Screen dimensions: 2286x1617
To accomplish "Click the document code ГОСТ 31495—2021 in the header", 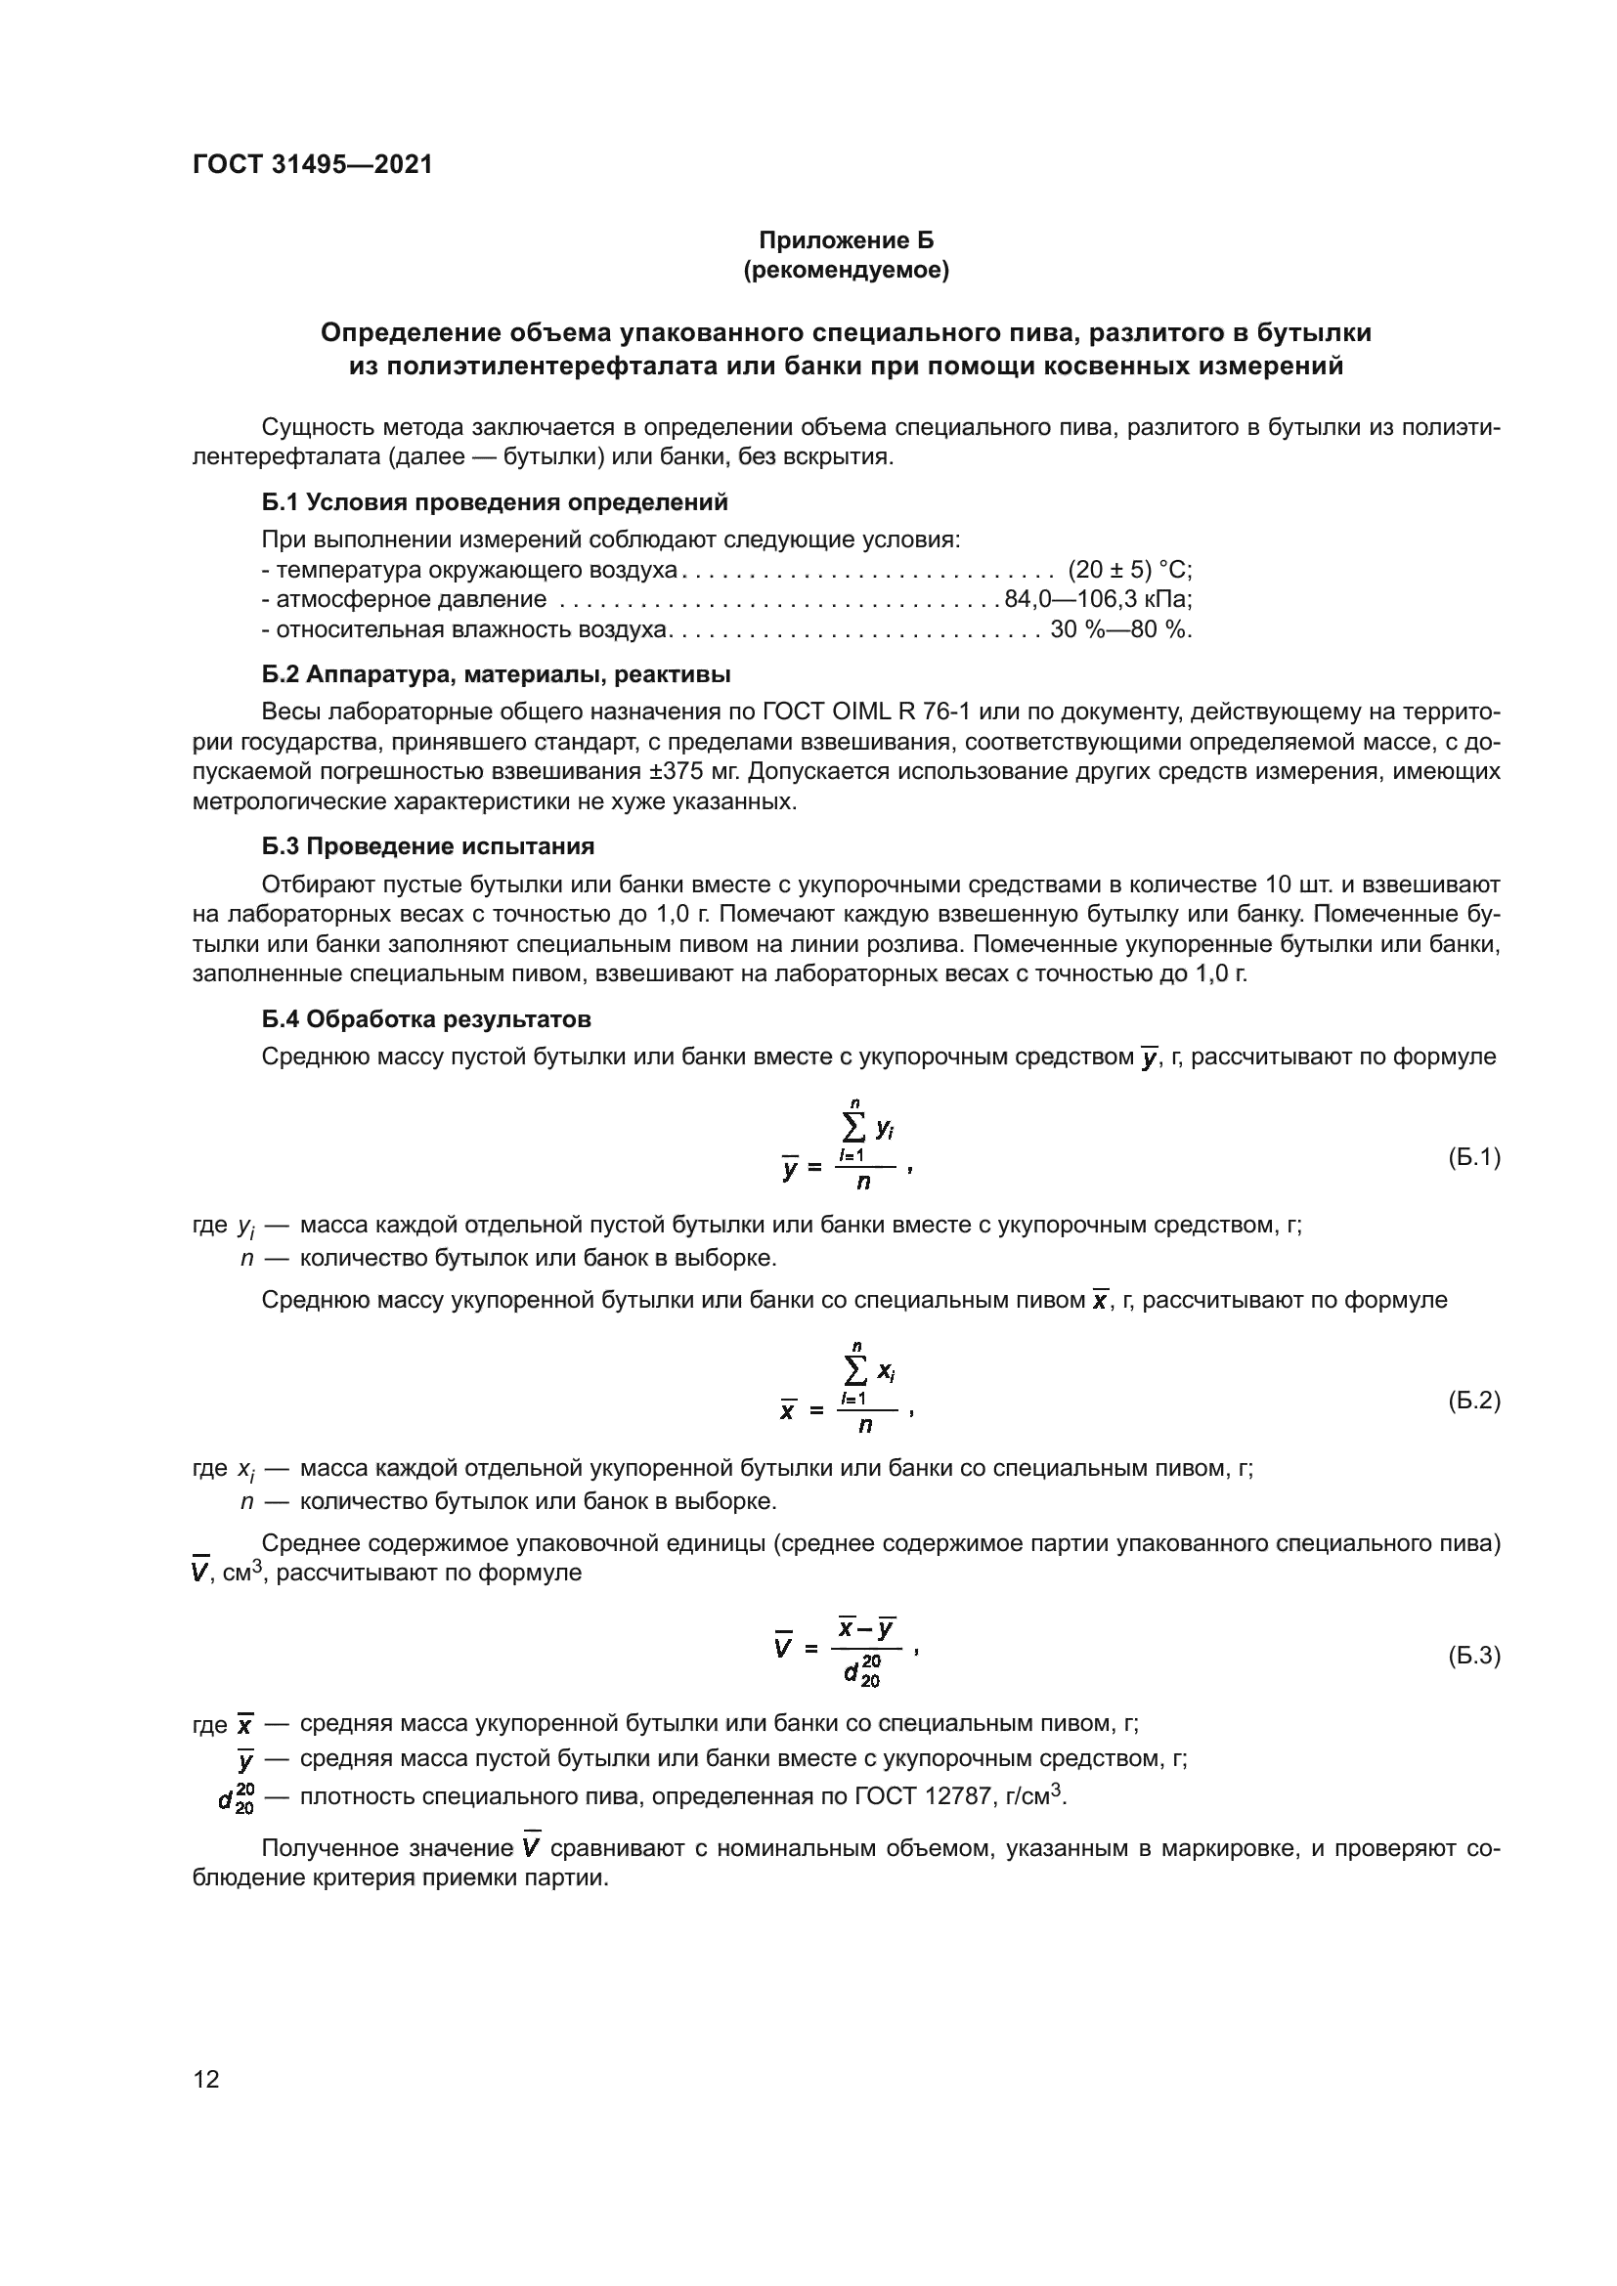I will pyautogui.click(x=313, y=164).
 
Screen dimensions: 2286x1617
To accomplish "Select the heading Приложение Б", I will pyautogui.click(x=846, y=240).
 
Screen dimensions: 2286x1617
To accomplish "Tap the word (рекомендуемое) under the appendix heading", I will pyautogui.click(x=846, y=270).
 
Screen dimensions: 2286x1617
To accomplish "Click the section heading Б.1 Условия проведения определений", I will pyautogui.click(x=495, y=501).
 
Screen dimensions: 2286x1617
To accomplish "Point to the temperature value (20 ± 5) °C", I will pyautogui.click(x=1129, y=570).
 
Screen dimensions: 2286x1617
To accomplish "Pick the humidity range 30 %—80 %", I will pyautogui.click(x=1120, y=629).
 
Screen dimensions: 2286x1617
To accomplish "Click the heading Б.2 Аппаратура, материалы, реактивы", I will pyautogui.click(x=496, y=674).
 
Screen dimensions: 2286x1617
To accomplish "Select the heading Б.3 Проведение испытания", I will pyautogui.click(x=428, y=846).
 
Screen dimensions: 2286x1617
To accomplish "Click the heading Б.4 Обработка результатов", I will pyautogui.click(x=426, y=1019).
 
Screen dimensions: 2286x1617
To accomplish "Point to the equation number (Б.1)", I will pyautogui.click(x=1472, y=1157).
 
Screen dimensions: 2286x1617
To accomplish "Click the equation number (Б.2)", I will pyautogui.click(x=1472, y=1401).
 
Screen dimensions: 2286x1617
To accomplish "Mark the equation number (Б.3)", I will pyautogui.click(x=1472, y=1656).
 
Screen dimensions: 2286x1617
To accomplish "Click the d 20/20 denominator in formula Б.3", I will pyautogui.click(x=862, y=1673).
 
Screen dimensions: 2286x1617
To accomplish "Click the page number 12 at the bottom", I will pyautogui.click(x=206, y=2079).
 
